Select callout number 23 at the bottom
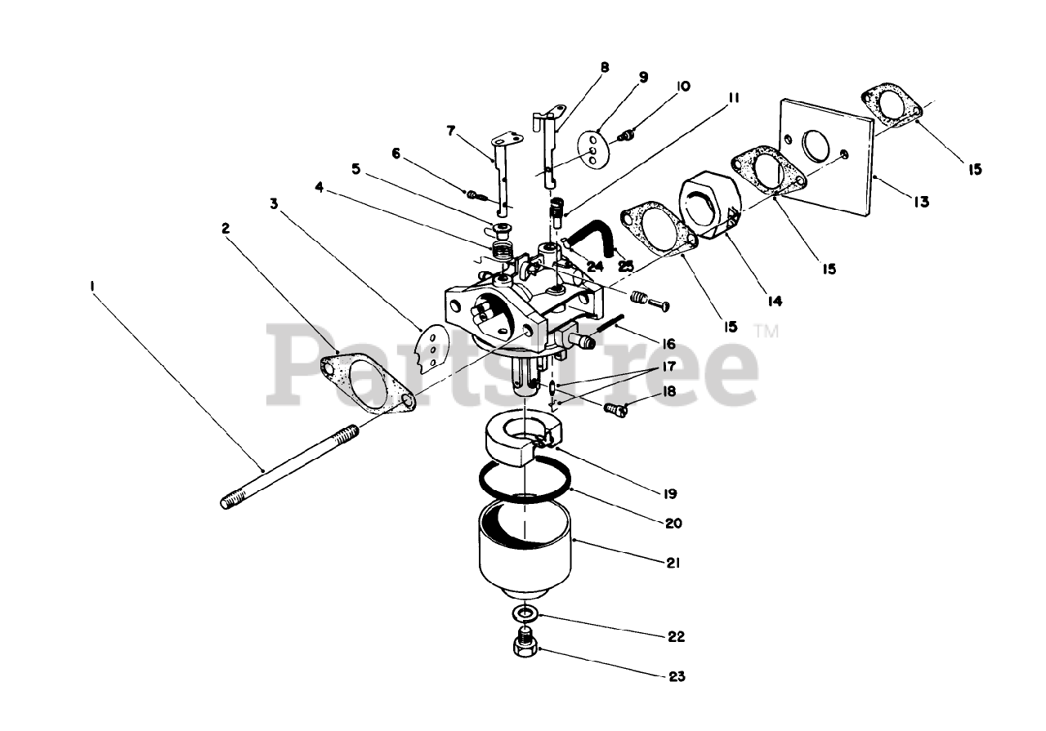coord(675,676)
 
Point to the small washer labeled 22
coord(524,613)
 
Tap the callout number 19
coord(670,493)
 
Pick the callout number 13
coord(922,201)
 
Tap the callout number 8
coord(605,68)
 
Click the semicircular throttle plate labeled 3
coord(434,349)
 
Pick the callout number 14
coord(774,300)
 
